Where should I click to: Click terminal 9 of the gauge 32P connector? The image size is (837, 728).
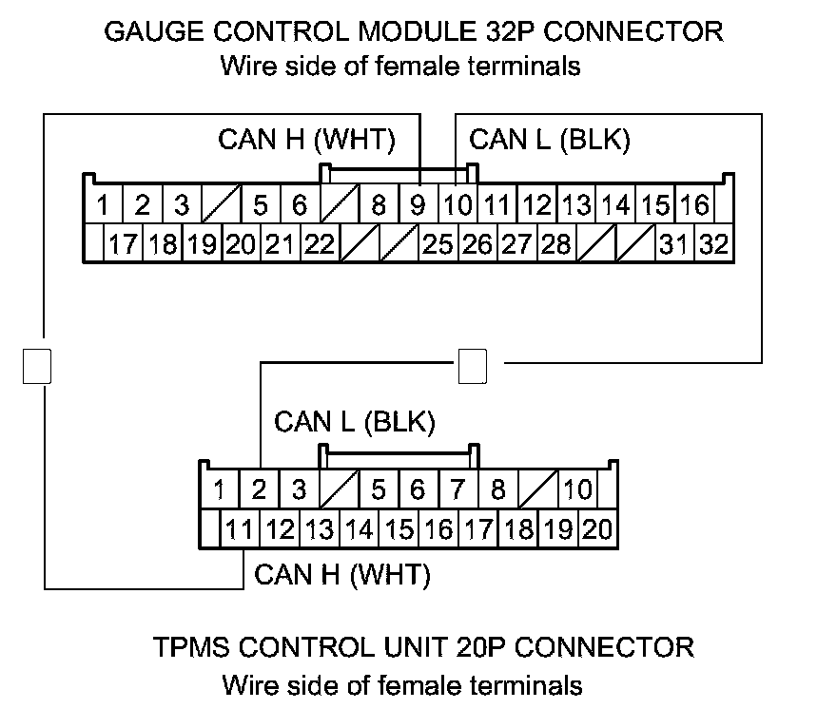tap(418, 204)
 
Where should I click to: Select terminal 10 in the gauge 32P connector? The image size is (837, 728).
tap(457, 204)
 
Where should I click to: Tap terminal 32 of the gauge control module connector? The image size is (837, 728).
tap(712, 244)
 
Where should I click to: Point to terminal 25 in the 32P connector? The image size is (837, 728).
tap(437, 244)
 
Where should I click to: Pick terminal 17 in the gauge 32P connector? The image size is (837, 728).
tap(122, 244)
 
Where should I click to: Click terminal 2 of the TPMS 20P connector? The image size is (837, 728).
tap(259, 490)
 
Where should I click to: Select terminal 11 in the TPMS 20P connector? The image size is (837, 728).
tap(238, 529)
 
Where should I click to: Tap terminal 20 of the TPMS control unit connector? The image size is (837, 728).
tap(597, 529)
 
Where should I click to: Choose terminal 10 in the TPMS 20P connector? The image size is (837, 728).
tap(577, 490)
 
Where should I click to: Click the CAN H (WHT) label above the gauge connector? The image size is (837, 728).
tap(306, 139)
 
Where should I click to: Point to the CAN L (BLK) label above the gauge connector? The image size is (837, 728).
tap(550, 139)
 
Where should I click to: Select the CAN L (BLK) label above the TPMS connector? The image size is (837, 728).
tap(354, 422)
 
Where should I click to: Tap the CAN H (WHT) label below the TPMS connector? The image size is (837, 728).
tap(342, 574)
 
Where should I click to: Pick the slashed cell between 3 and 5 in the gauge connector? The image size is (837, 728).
tap(222, 204)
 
